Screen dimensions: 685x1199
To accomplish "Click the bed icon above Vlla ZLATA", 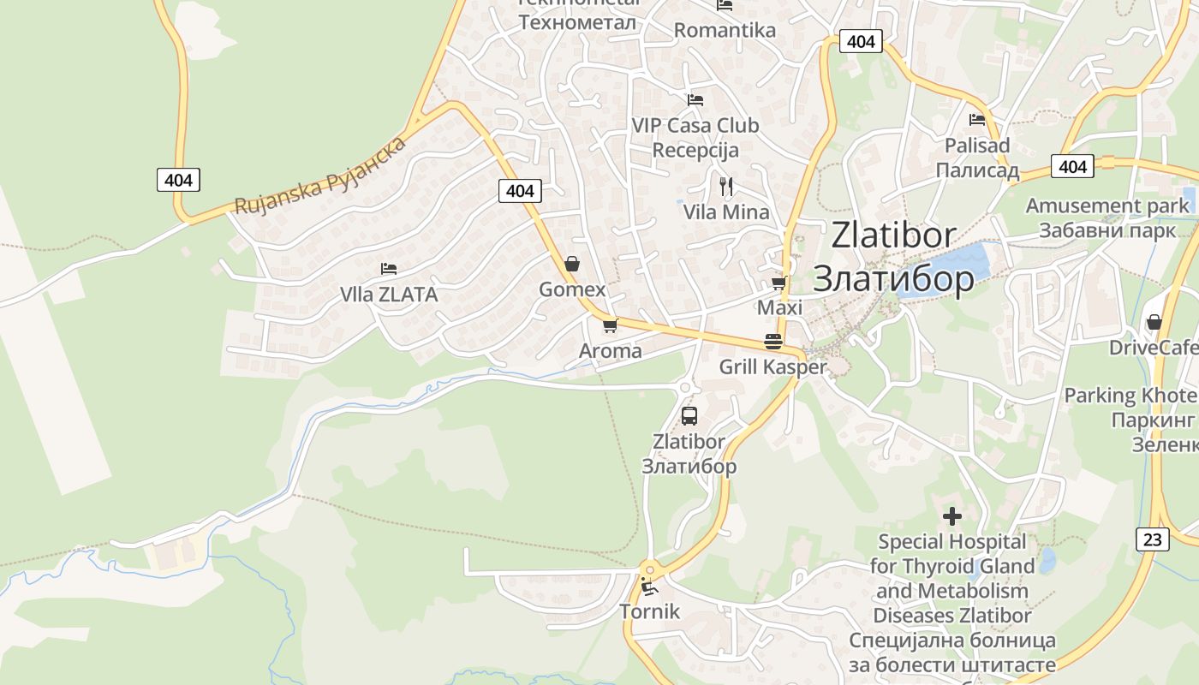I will [389, 269].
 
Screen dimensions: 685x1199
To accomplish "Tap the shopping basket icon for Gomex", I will [571, 264].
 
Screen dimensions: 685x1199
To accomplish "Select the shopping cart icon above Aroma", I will [610, 325].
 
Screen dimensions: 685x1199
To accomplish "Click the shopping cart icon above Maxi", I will [778, 282].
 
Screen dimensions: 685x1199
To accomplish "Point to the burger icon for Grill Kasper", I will [773, 342].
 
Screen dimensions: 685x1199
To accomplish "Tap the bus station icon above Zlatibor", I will [689, 416].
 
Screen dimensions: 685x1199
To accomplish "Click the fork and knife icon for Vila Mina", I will [726, 186].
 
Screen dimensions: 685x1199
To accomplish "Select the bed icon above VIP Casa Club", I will [695, 99].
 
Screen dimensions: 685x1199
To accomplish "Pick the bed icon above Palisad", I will [976, 120].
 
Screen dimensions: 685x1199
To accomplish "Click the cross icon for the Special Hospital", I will [951, 516].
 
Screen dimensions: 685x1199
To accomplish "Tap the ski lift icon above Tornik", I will [648, 587].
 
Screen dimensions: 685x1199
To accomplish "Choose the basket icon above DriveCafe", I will [1154, 322].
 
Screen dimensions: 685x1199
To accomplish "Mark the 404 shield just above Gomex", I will [520, 190].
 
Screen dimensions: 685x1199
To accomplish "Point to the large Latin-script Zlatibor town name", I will [893, 235].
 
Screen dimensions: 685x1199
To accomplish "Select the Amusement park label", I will [1107, 205].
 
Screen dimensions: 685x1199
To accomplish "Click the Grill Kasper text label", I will [772, 367].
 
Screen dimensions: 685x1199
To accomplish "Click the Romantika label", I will [725, 31].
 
